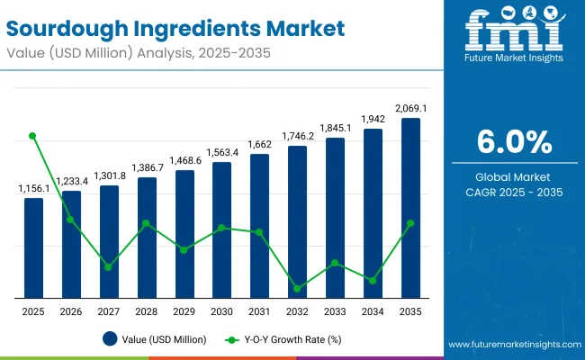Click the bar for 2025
pyautogui.click(x=33, y=247)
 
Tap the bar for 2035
pyautogui.click(x=410, y=208)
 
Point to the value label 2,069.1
pyautogui.click(x=410, y=109)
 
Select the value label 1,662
pyautogui.click(x=259, y=145)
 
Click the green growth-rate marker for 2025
pyautogui.click(x=33, y=136)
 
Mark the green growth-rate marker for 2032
pyautogui.click(x=297, y=289)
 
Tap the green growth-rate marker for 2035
pyautogui.click(x=410, y=223)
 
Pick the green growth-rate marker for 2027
pyautogui.click(x=109, y=266)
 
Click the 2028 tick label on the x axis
pyautogui.click(x=147, y=310)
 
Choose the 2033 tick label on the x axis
pyautogui.click(x=335, y=310)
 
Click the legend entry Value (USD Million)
pyautogui.click(x=154, y=339)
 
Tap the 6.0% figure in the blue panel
pyautogui.click(x=514, y=142)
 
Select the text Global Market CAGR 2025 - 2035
pyautogui.click(x=514, y=184)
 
